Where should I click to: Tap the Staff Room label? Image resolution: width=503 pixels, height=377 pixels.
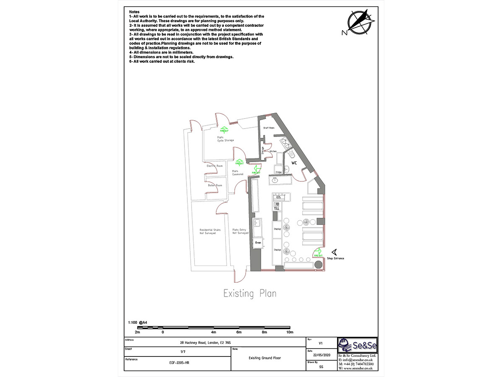268,128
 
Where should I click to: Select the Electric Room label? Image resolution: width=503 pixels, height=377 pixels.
215,166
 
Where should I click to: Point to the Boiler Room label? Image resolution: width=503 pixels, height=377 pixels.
215,185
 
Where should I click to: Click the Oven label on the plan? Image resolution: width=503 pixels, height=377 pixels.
258,243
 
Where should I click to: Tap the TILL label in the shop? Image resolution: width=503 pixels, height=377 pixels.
277,208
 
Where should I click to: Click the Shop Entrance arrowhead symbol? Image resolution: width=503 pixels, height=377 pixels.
334,252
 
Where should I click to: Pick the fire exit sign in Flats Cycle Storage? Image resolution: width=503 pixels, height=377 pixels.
225,130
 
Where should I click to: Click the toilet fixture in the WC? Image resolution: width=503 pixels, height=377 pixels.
287,169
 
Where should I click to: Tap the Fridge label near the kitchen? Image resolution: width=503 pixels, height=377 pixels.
278,172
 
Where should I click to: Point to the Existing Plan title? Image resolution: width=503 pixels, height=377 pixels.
249,293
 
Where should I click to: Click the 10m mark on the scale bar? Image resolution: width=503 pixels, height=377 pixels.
290,332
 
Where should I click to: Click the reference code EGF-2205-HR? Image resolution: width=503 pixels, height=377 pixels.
178,363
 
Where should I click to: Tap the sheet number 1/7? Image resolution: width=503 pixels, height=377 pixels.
183,352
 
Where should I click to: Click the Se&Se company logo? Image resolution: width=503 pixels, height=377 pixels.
358,345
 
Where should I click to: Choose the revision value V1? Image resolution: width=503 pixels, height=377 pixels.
321,343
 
